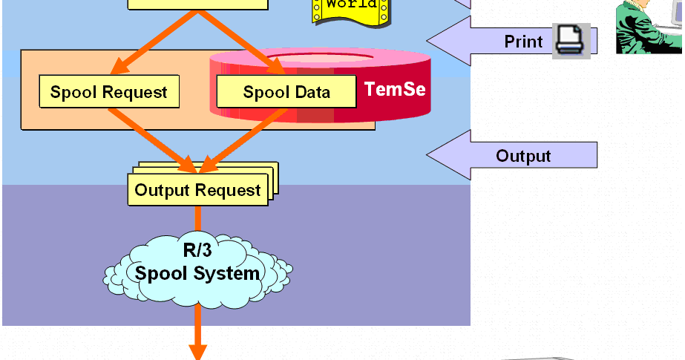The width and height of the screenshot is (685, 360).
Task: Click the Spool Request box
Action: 109,91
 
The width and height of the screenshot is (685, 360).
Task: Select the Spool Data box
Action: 286,92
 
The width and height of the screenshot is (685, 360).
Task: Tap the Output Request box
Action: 197,190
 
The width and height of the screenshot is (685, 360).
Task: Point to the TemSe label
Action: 395,90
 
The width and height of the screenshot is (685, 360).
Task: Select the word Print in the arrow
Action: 523,42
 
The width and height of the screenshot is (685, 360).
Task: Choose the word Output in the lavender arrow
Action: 523,156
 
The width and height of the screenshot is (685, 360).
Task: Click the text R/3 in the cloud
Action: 197,249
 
